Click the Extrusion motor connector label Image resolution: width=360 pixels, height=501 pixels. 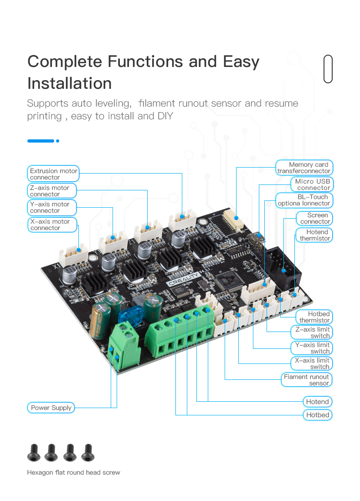(x=53, y=174)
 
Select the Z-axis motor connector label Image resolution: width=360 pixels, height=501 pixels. (x=51, y=191)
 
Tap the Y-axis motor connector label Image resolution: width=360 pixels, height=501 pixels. (x=51, y=207)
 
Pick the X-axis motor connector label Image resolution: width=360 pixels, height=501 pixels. (x=51, y=225)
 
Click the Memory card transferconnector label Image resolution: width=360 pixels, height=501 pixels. (x=304, y=168)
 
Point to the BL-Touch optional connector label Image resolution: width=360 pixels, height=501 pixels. (x=303, y=200)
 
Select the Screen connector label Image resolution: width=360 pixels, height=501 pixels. (x=314, y=218)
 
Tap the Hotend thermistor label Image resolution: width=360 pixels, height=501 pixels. (x=314, y=235)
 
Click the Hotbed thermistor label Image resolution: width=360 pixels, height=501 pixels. (x=314, y=317)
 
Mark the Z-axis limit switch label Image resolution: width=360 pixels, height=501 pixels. (x=312, y=332)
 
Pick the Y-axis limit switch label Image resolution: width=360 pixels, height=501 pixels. (x=312, y=348)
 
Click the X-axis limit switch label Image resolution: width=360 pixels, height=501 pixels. (x=312, y=363)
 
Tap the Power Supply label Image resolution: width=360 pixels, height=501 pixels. (x=51, y=408)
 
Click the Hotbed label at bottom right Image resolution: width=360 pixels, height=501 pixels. (x=318, y=415)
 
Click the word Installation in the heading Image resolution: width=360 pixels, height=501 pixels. (x=69, y=83)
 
